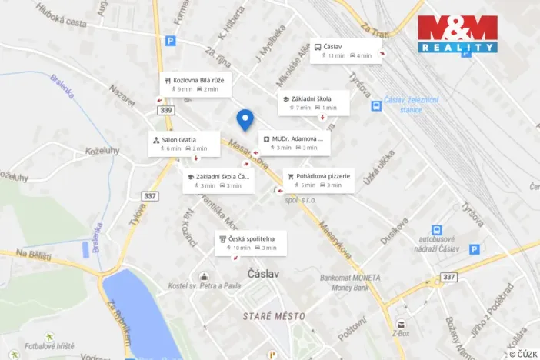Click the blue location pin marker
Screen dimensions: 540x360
point(245,119)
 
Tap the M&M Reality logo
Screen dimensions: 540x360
point(457,34)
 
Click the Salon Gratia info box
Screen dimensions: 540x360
point(180,144)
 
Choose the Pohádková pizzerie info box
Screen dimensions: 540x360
point(318,180)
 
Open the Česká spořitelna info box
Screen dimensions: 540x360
point(252,243)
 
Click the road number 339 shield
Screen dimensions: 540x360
point(165,111)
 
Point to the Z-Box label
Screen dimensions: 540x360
point(400,335)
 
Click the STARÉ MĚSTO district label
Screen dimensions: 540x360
point(267,317)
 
